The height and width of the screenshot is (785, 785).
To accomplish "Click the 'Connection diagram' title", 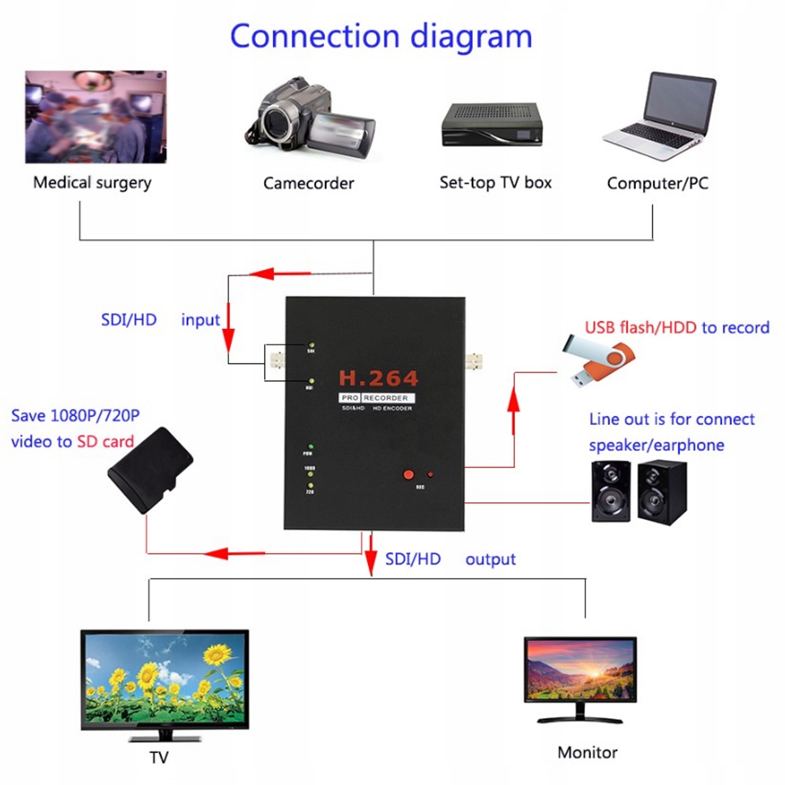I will [381, 37].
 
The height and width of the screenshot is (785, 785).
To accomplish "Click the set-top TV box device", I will [492, 125].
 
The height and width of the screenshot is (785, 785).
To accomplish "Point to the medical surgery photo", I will [96, 117].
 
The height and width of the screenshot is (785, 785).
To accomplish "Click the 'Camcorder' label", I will [308, 183].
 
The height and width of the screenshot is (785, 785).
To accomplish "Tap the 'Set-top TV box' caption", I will [495, 182].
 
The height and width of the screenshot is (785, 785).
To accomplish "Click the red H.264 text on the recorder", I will [379, 378].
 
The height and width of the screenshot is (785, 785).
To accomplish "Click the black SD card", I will [150, 470].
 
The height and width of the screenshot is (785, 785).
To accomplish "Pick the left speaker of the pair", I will [610, 491].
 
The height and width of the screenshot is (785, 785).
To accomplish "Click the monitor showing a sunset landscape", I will [580, 670].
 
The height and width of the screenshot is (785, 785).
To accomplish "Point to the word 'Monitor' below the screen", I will [587, 752].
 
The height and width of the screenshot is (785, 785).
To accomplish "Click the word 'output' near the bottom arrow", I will [490, 559].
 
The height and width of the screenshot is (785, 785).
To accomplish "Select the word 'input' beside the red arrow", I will [201, 320].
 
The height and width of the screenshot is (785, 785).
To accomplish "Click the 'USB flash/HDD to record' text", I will [677, 328].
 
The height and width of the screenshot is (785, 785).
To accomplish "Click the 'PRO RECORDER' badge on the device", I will [377, 398].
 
